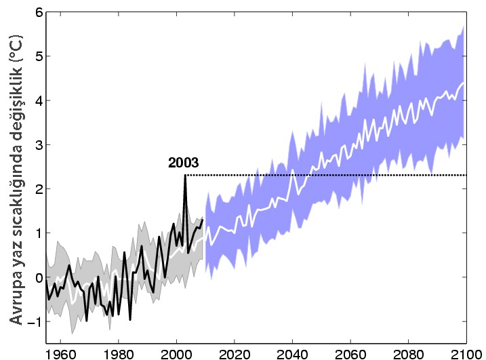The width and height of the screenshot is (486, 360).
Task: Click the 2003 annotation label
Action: pos(183,163)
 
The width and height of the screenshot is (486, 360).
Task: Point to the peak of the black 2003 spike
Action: pos(185,175)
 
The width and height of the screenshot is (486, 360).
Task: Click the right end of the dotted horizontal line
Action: pos(466,175)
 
